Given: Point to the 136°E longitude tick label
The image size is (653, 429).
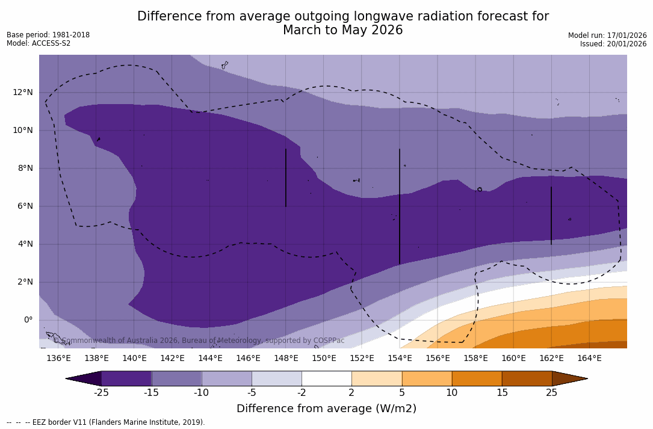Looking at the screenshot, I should click(x=58, y=359).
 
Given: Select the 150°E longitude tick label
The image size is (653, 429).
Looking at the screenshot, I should click(x=324, y=359).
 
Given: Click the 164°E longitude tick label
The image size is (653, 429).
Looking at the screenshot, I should click(x=589, y=359).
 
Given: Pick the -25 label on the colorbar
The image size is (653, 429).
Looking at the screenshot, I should click(x=101, y=393).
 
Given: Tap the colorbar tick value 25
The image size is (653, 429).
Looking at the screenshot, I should click(x=551, y=393).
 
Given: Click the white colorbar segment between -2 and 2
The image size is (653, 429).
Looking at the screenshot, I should click(x=326, y=378).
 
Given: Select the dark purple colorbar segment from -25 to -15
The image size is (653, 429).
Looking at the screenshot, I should click(x=126, y=378).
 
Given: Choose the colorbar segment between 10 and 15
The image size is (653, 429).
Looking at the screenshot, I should click(x=477, y=378).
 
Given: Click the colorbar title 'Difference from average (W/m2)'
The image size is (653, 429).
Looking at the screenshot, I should click(x=326, y=409).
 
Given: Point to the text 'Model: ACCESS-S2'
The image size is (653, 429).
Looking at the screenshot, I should click(x=39, y=43).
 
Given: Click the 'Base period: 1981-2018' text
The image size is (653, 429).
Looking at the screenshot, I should click(x=48, y=35).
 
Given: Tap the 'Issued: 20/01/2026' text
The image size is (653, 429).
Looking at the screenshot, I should click(x=613, y=44).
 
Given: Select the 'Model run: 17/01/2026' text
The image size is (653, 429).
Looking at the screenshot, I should click(x=607, y=35).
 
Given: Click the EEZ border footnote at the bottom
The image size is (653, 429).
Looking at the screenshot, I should click(x=106, y=422).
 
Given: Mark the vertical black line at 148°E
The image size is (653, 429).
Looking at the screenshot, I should click(x=286, y=177).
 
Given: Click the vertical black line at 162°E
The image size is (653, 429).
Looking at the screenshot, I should click(x=551, y=215).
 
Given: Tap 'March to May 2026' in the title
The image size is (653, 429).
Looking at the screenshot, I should click(x=343, y=30).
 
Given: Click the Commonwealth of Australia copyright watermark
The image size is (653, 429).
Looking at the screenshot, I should click(x=199, y=341).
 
